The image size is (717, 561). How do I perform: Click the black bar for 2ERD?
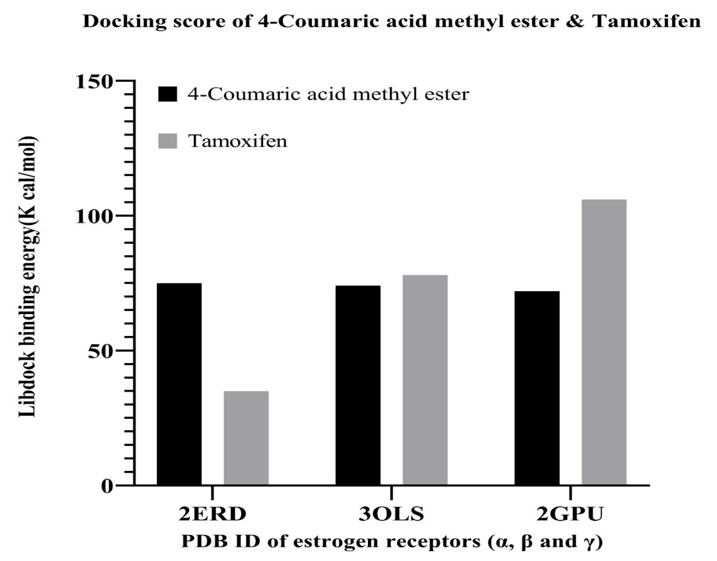(179, 384)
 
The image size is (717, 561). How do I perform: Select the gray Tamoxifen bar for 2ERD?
(246, 438)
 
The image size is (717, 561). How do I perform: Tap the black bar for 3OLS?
(358, 385)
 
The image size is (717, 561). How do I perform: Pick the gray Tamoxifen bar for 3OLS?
(425, 380)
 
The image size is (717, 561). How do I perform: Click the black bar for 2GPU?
(537, 388)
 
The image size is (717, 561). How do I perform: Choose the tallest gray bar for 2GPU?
(604, 342)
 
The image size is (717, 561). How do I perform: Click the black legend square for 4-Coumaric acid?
(167, 94)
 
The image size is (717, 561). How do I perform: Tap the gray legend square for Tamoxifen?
(167, 142)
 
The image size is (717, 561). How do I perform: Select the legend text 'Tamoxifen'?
(237, 142)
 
